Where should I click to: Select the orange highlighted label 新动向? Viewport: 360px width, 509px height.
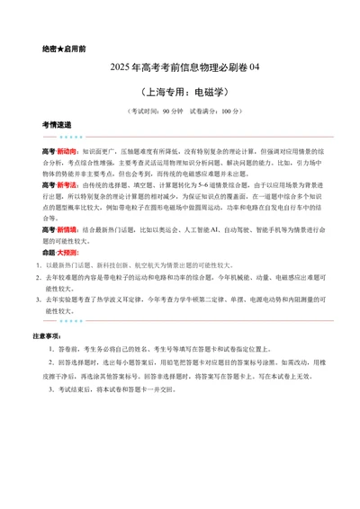click(67, 152)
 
